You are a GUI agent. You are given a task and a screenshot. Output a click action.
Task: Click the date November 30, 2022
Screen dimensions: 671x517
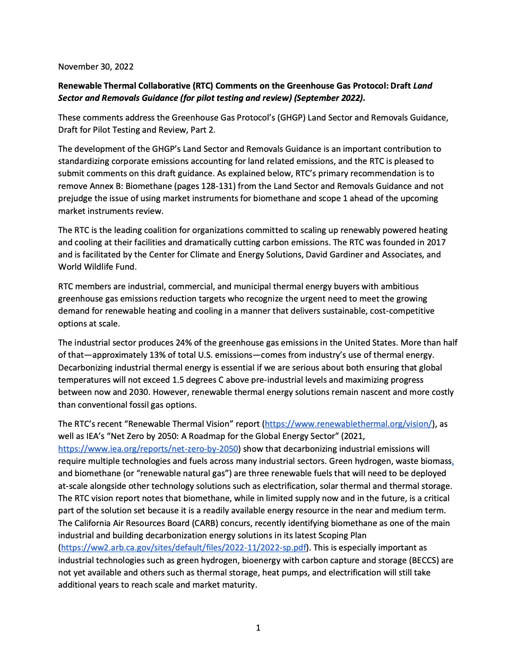96,66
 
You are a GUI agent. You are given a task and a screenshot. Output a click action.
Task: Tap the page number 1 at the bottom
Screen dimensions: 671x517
258,627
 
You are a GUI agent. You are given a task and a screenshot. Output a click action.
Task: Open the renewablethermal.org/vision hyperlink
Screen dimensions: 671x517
348,424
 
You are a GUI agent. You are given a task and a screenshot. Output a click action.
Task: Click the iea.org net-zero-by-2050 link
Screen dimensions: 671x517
148,449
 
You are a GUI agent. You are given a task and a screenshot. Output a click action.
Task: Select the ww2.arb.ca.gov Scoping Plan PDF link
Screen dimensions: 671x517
184,547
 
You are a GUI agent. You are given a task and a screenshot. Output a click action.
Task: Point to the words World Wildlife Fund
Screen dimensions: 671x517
97,266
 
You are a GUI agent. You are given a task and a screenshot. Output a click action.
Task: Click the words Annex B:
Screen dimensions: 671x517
105,186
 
